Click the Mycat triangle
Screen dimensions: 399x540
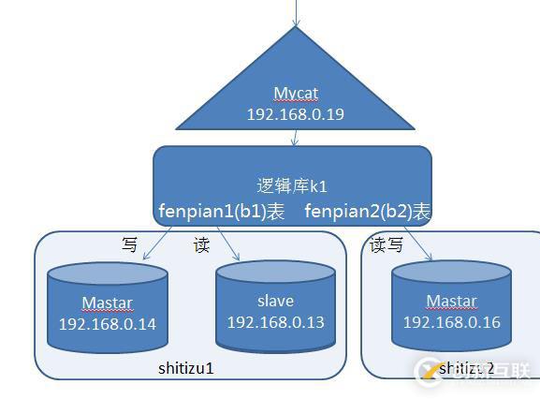[x=295, y=89]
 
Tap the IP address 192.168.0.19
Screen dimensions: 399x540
[x=295, y=113]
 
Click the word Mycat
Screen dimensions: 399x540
[x=295, y=94]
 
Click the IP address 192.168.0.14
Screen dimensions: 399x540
[x=108, y=324]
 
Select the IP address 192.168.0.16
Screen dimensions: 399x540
[x=452, y=321]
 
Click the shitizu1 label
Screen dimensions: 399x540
[x=186, y=368]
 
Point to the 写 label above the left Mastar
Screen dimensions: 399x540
[x=130, y=245]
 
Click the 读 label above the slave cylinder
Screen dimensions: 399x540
[x=200, y=245]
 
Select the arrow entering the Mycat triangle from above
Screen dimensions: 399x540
[x=297, y=13]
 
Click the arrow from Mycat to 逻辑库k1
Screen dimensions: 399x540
[x=296, y=137]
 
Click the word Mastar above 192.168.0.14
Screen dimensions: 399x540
[x=107, y=303]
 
